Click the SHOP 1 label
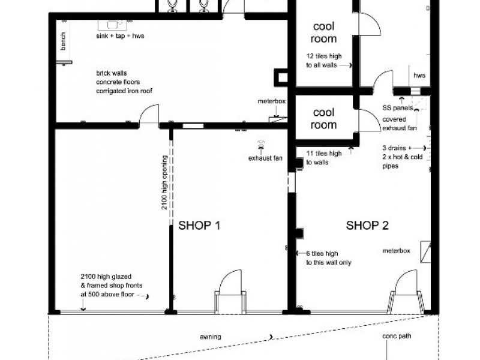[200, 226]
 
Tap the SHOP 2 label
[367, 226]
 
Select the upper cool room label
[323, 33]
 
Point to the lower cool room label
[323, 119]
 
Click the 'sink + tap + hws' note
[120, 36]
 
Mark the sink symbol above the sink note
[113, 25]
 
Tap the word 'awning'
[210, 337]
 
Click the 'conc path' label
[397, 337]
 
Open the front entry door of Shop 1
[231, 294]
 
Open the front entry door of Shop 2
[405, 293]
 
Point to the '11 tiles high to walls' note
[324, 158]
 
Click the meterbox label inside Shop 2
[397, 251]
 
